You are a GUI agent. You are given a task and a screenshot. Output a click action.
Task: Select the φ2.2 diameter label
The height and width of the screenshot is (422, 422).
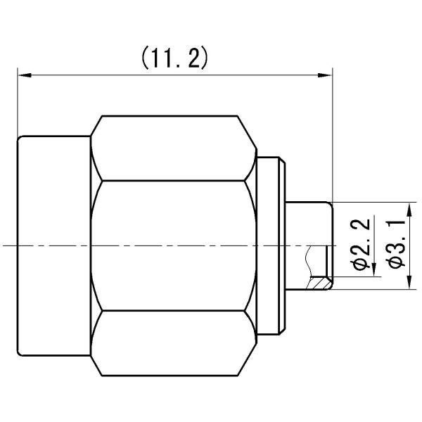[360, 244]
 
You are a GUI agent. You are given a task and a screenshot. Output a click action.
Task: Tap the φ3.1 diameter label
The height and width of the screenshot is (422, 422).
[395, 244]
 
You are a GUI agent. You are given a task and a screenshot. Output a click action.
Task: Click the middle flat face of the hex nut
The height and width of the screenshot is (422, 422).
[172, 245]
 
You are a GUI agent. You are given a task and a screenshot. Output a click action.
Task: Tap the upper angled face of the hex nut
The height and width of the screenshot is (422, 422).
[172, 148]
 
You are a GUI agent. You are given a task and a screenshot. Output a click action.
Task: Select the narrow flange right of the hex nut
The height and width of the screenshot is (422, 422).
[270, 245]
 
